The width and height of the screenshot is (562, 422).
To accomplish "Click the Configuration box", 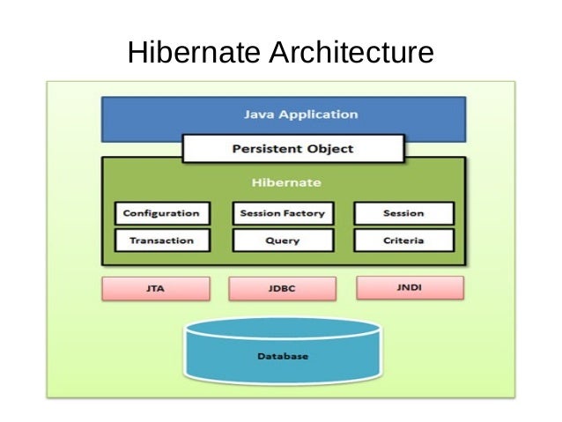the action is (161, 213).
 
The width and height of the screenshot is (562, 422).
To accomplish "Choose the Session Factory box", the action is (282, 213).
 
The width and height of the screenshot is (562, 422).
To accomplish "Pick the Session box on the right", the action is (403, 213).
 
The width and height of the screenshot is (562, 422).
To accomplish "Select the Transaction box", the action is (161, 240).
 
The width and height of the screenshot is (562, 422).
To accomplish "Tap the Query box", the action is (282, 240).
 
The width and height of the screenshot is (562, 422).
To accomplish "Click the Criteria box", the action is (403, 240).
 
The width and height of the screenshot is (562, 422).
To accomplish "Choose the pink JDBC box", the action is (282, 288).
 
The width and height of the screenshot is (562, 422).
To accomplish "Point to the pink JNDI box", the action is (410, 287).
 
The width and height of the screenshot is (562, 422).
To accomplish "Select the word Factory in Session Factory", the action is (303, 213).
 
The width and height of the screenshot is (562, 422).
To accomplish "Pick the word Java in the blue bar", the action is (257, 115).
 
